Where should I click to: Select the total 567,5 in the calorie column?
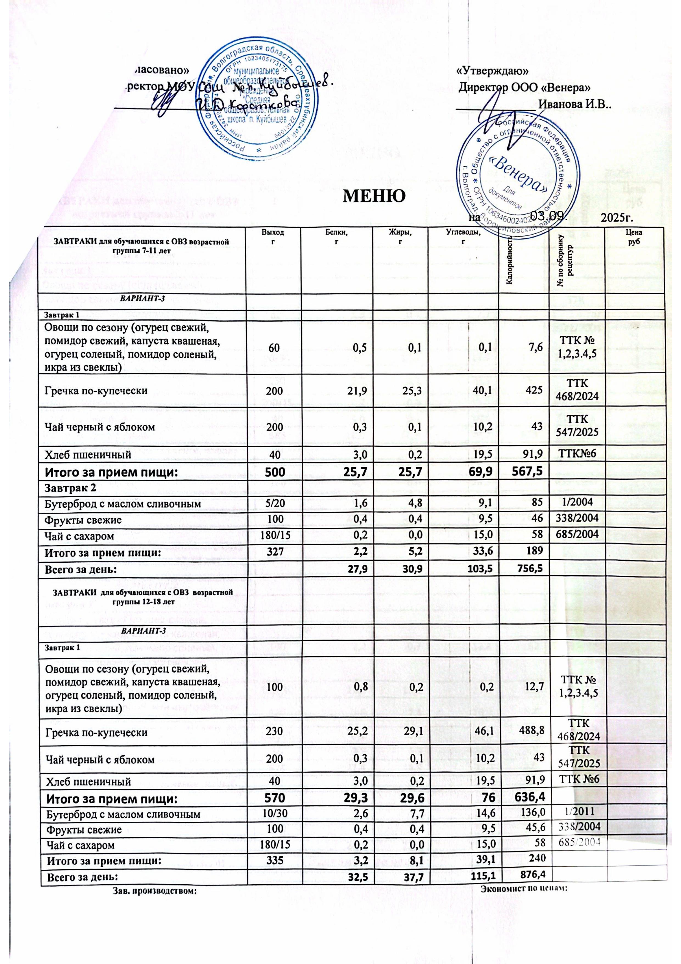pos(527,471)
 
